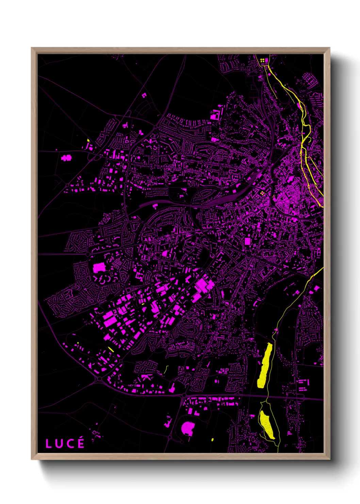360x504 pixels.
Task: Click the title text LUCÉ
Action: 65,443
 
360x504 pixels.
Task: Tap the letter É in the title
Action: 80,443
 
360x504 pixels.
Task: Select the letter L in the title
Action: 48,444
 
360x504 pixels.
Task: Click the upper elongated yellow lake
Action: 265,366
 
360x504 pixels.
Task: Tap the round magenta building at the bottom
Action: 187,428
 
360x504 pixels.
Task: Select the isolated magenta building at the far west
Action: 66,158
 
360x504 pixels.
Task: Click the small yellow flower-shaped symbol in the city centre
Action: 262,193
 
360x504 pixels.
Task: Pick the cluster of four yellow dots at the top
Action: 262,61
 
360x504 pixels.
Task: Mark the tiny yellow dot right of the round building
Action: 212,440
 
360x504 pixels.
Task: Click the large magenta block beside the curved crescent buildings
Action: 99,268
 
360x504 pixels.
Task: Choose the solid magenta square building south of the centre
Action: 247,241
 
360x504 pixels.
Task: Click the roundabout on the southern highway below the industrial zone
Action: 184,395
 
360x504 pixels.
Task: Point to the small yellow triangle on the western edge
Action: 88,140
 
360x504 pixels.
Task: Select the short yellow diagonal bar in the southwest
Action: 110,349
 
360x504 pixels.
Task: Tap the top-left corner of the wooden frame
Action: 32,48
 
